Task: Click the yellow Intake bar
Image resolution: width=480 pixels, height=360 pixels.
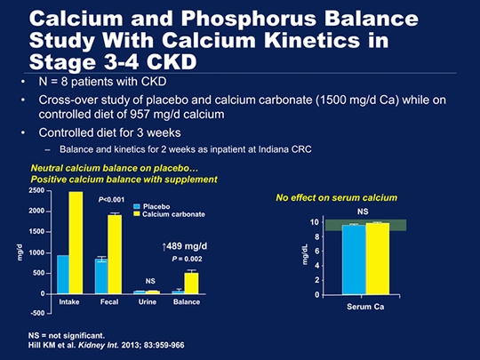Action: pos(76,243)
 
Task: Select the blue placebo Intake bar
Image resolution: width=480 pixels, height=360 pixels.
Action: pos(63,275)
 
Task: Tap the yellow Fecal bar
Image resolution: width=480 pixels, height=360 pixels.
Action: pos(115,254)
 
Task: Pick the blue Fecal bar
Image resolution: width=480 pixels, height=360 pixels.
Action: pos(101,276)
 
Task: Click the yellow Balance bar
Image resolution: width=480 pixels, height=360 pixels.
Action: pos(191,284)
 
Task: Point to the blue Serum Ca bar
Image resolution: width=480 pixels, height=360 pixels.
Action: pos(354,260)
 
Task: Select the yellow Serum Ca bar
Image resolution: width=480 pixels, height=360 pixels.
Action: pos(378,259)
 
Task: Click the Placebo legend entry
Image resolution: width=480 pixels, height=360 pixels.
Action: pos(152,206)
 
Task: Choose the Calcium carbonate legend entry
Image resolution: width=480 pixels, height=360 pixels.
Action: pos(169,214)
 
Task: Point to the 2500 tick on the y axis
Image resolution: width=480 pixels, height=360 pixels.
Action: pos(36,191)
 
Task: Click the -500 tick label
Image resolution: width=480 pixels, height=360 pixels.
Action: pos(36,313)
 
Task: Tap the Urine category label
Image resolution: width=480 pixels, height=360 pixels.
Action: pos(148,302)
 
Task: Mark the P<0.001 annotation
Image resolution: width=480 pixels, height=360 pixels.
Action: pos(111,200)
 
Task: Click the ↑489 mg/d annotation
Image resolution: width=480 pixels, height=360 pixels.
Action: pos(184,246)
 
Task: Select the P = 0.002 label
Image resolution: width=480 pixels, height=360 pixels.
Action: pos(187,259)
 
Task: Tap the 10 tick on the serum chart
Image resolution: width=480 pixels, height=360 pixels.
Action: pos(315,222)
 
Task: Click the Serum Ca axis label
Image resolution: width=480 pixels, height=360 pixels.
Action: pos(365,307)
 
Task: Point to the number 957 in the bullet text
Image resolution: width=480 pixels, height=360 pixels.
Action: pos(140,115)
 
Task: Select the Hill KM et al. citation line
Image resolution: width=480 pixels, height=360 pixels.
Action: pos(107,345)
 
